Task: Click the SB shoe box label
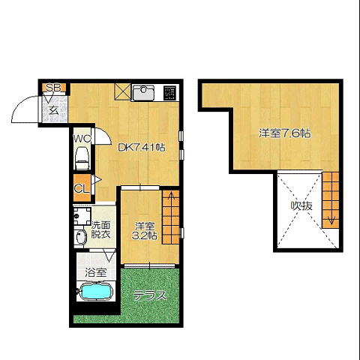54,88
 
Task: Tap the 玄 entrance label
53,110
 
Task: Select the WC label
82,139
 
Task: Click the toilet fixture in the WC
82,158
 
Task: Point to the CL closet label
82,189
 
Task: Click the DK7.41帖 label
142,148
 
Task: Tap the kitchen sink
143,92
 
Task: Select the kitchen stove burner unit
169,93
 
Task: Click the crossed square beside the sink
122,91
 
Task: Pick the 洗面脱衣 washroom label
100,230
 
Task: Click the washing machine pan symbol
82,216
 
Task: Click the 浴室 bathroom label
96,272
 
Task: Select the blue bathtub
95,291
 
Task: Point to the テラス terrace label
149,295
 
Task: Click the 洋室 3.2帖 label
145,231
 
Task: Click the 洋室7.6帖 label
285,133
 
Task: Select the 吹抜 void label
301,206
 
